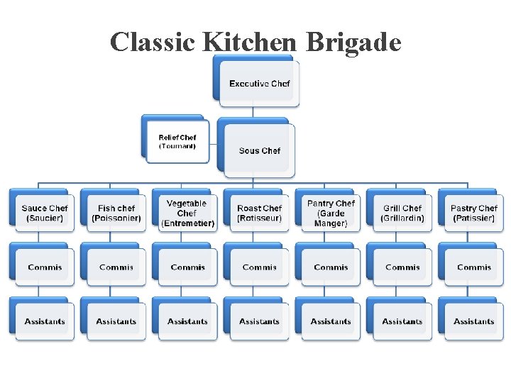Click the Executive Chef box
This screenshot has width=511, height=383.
259,84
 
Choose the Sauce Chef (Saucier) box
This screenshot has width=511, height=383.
45,213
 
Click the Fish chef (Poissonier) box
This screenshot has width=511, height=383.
116,213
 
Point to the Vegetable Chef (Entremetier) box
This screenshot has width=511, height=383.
187,213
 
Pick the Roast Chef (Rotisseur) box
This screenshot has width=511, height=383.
259,213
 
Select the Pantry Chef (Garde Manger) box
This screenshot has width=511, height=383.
331,213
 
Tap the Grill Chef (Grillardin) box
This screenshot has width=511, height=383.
402,213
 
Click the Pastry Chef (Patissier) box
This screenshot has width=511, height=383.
473,213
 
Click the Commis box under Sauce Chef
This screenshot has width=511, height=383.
45,267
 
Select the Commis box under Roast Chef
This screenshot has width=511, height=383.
259,267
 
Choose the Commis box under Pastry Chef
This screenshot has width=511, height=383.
473,267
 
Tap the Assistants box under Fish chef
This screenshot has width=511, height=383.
116,321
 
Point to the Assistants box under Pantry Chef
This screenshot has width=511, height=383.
331,321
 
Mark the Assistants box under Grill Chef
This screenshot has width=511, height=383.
402,321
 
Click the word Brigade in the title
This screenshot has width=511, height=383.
353,43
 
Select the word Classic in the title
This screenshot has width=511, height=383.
153,43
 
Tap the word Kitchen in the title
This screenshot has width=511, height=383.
249,43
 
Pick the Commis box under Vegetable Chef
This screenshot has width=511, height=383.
187,267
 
